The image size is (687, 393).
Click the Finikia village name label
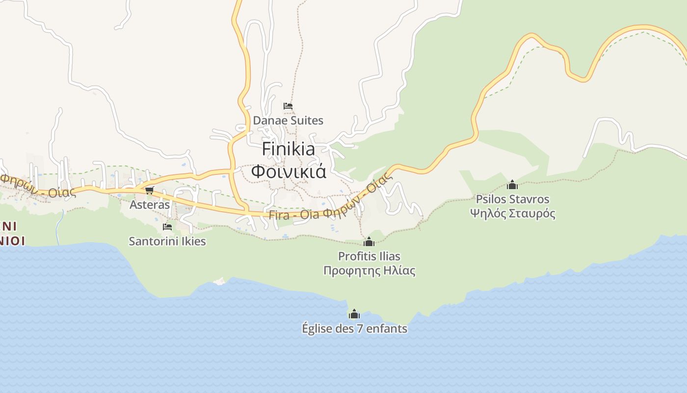288,149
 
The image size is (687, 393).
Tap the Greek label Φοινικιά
289,171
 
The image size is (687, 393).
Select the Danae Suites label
288,120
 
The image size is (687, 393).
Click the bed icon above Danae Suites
288,106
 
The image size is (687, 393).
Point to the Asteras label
150,205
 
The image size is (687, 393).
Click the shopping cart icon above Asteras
149,190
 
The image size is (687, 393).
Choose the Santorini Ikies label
167,241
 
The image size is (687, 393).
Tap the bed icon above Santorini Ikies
167,226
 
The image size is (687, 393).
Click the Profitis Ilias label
369,256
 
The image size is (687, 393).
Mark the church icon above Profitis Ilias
369,242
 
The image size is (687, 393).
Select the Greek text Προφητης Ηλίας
369,271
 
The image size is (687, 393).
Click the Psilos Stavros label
512,199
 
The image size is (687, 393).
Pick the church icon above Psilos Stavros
512,185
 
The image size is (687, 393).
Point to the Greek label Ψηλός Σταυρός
512,214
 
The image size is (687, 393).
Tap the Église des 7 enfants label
354,329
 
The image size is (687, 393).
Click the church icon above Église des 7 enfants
354,314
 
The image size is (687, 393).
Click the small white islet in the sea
219,281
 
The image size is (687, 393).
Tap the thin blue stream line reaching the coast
59,228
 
